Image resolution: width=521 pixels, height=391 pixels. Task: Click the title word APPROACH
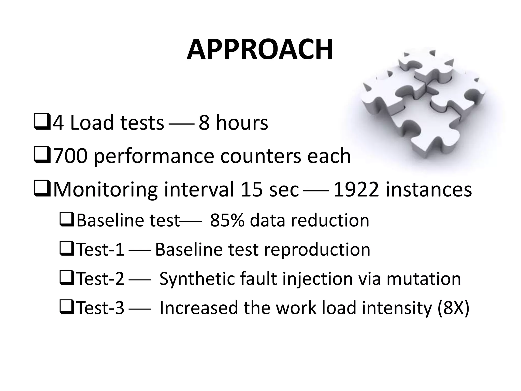click(260, 50)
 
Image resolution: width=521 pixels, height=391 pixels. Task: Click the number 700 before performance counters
click(69, 156)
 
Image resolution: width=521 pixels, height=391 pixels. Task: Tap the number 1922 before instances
click(356, 190)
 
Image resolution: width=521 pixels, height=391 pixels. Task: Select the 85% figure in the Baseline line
click(227, 220)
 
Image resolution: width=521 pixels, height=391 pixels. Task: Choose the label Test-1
click(100, 250)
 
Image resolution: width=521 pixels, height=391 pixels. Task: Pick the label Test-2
click(100, 279)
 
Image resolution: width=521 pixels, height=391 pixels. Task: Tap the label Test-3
click(100, 308)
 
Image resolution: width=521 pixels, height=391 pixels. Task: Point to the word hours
click(242, 123)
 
